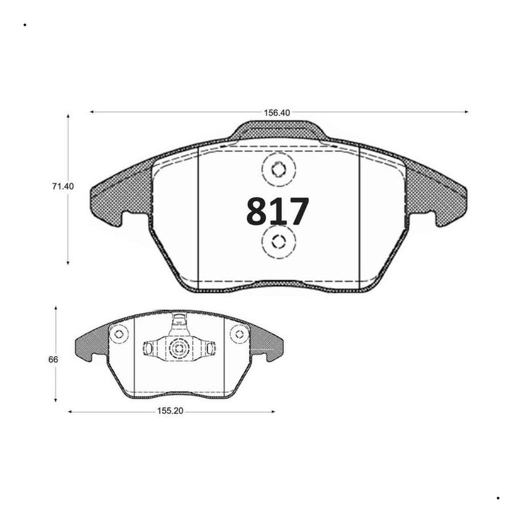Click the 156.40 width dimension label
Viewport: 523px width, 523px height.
coord(277,113)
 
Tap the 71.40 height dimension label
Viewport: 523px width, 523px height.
coord(63,186)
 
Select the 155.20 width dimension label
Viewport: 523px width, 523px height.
coord(170,411)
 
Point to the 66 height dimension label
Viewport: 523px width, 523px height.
coord(53,360)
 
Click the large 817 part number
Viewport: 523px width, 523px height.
coord(277,211)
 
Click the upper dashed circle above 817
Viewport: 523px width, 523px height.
coord(279,170)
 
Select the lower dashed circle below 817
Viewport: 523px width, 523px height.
coord(279,242)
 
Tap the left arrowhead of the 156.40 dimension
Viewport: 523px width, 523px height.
coord(92,112)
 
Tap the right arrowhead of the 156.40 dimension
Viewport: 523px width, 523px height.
coord(466,112)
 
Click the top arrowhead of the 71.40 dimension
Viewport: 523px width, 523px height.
coord(68,116)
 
